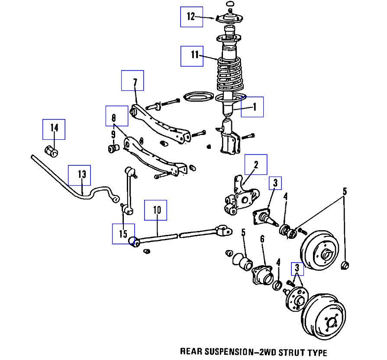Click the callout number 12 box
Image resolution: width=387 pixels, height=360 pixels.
click(192, 17)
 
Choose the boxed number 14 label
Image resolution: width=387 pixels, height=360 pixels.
click(54, 129)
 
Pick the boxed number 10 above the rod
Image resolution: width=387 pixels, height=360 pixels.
click(156, 211)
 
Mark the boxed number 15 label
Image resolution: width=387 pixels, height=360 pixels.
click(123, 234)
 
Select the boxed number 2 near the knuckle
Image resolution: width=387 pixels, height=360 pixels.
click(256, 165)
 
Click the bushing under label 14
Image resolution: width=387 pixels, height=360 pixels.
click(52, 152)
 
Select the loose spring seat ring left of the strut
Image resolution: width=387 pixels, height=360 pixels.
click(199, 97)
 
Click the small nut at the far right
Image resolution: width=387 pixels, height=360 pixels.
click(345, 265)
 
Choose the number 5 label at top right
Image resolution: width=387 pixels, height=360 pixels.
click(345, 191)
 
